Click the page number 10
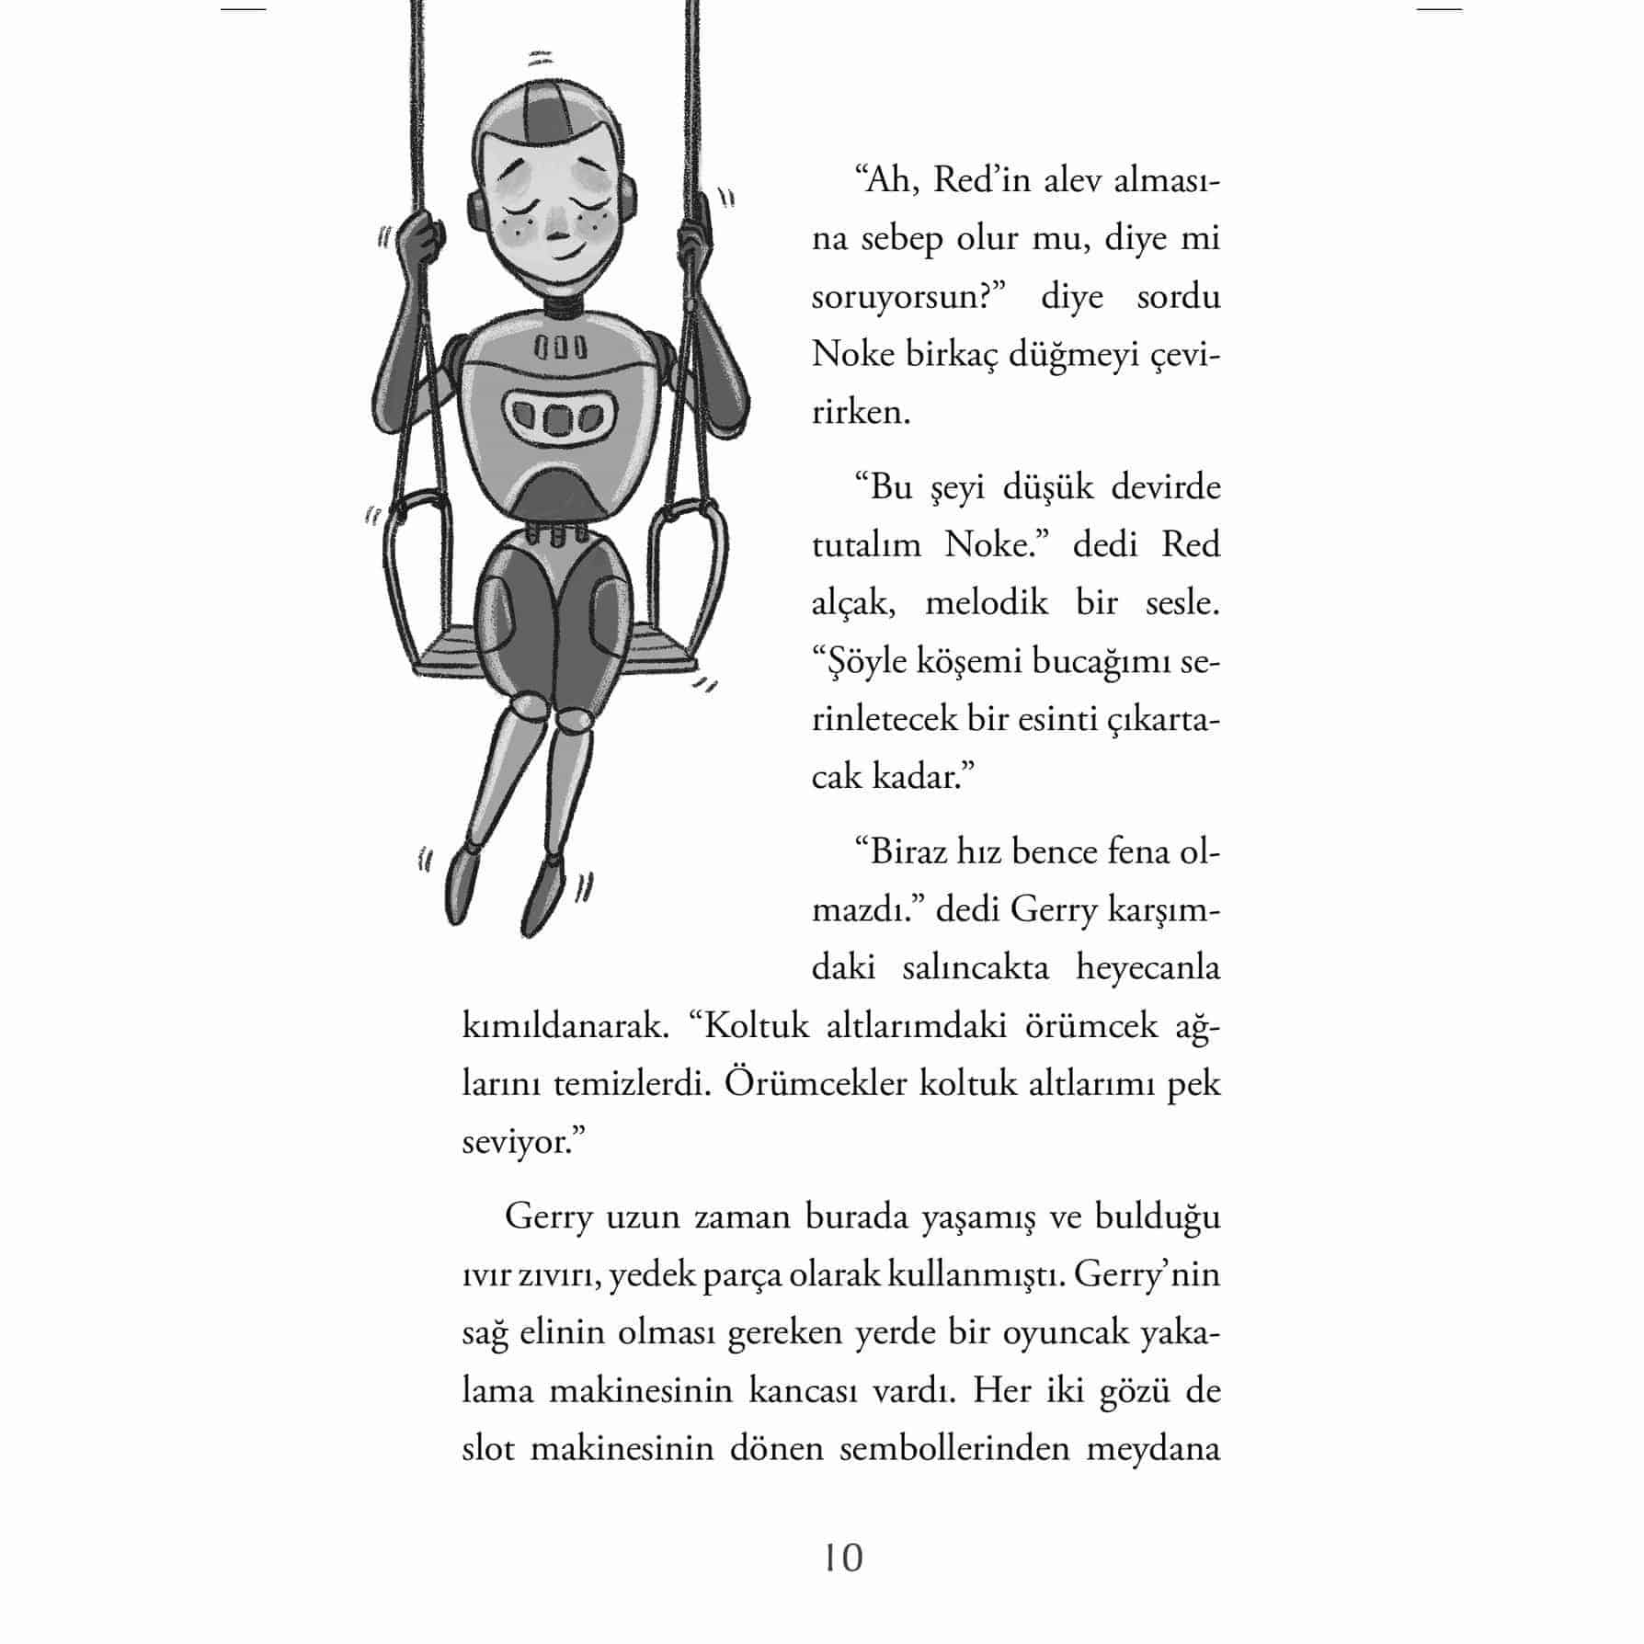tap(843, 1557)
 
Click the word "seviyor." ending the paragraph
tap(524, 1142)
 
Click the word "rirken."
tap(861, 412)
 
